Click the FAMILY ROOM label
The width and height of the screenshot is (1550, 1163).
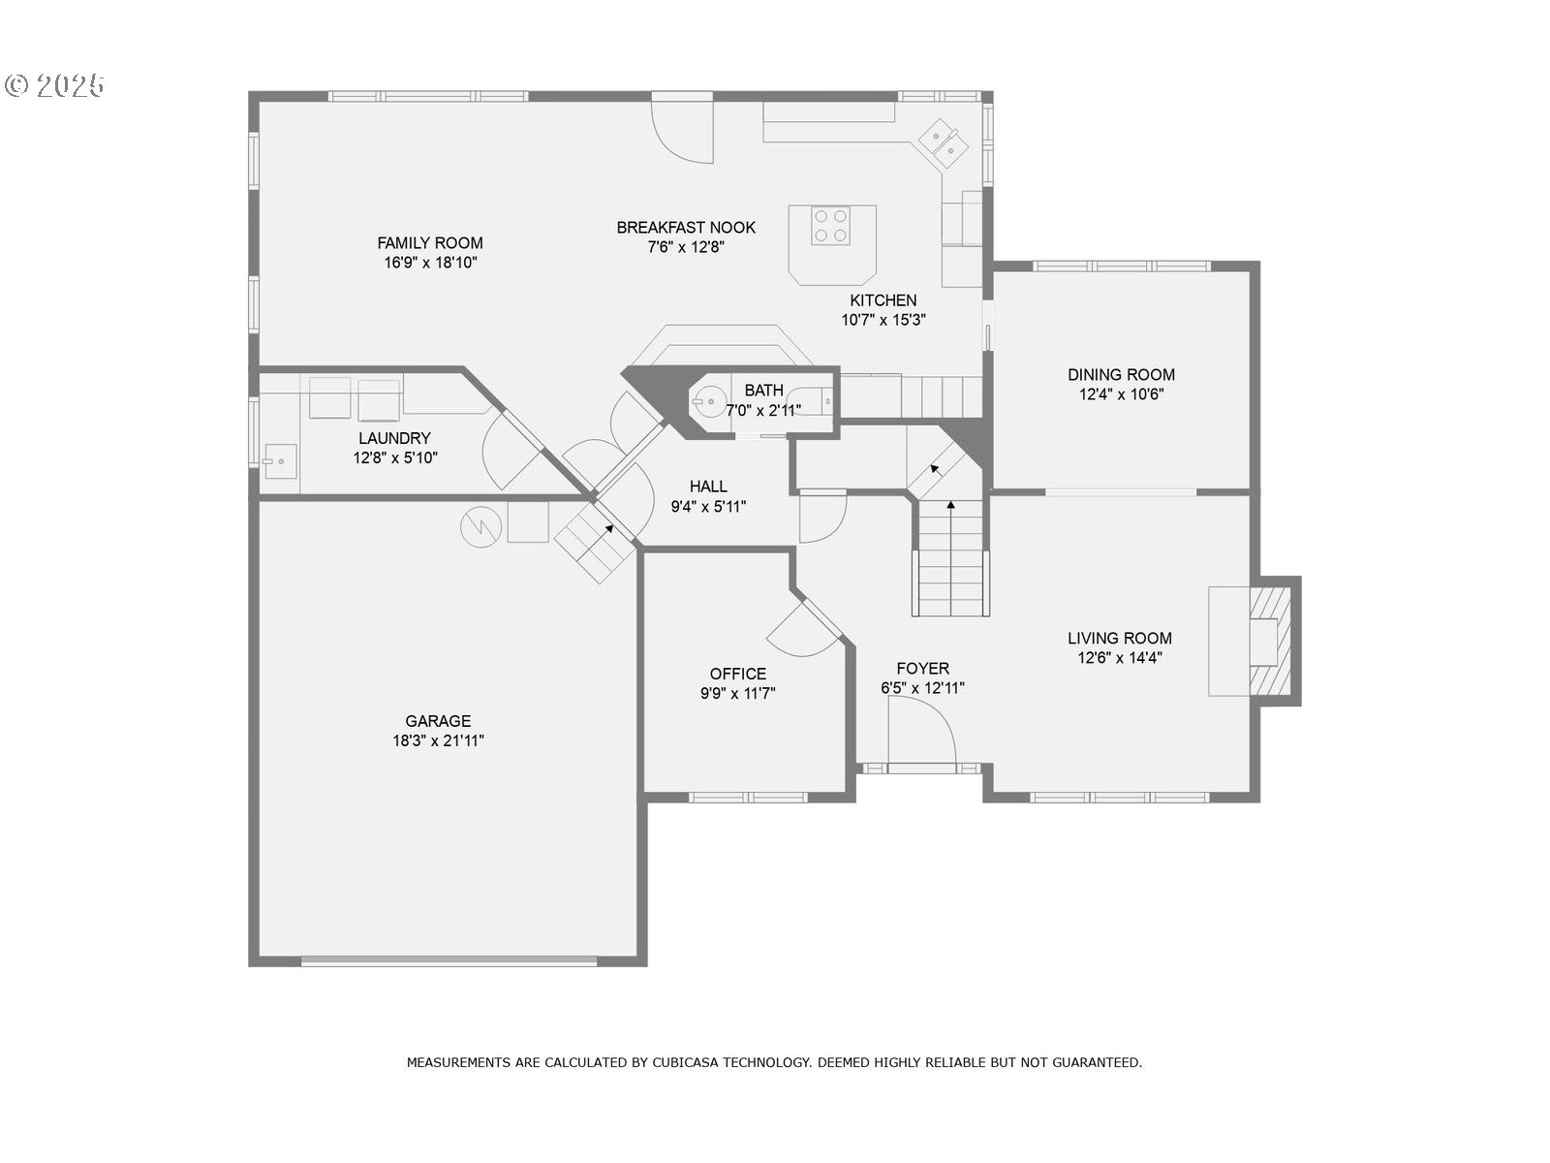tap(430, 243)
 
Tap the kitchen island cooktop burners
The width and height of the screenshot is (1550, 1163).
tap(831, 226)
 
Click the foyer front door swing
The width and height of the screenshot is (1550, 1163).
tap(920, 734)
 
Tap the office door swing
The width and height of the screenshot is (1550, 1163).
tap(802, 631)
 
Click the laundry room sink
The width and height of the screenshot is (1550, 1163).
tap(280, 458)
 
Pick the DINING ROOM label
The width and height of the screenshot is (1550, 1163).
tap(1121, 374)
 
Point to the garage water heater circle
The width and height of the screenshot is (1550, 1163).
tap(480, 526)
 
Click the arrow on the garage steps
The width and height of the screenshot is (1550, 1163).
tap(609, 529)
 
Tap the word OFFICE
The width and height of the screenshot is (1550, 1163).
tap(737, 674)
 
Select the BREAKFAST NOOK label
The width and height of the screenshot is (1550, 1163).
tap(686, 228)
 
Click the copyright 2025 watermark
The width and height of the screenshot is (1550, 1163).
tap(55, 85)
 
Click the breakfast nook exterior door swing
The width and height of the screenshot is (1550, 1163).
tap(683, 131)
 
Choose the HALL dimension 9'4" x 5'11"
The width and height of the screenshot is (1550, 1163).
tap(708, 506)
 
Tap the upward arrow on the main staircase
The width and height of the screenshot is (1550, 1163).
tap(950, 506)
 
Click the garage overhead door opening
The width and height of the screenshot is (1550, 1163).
tap(449, 961)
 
